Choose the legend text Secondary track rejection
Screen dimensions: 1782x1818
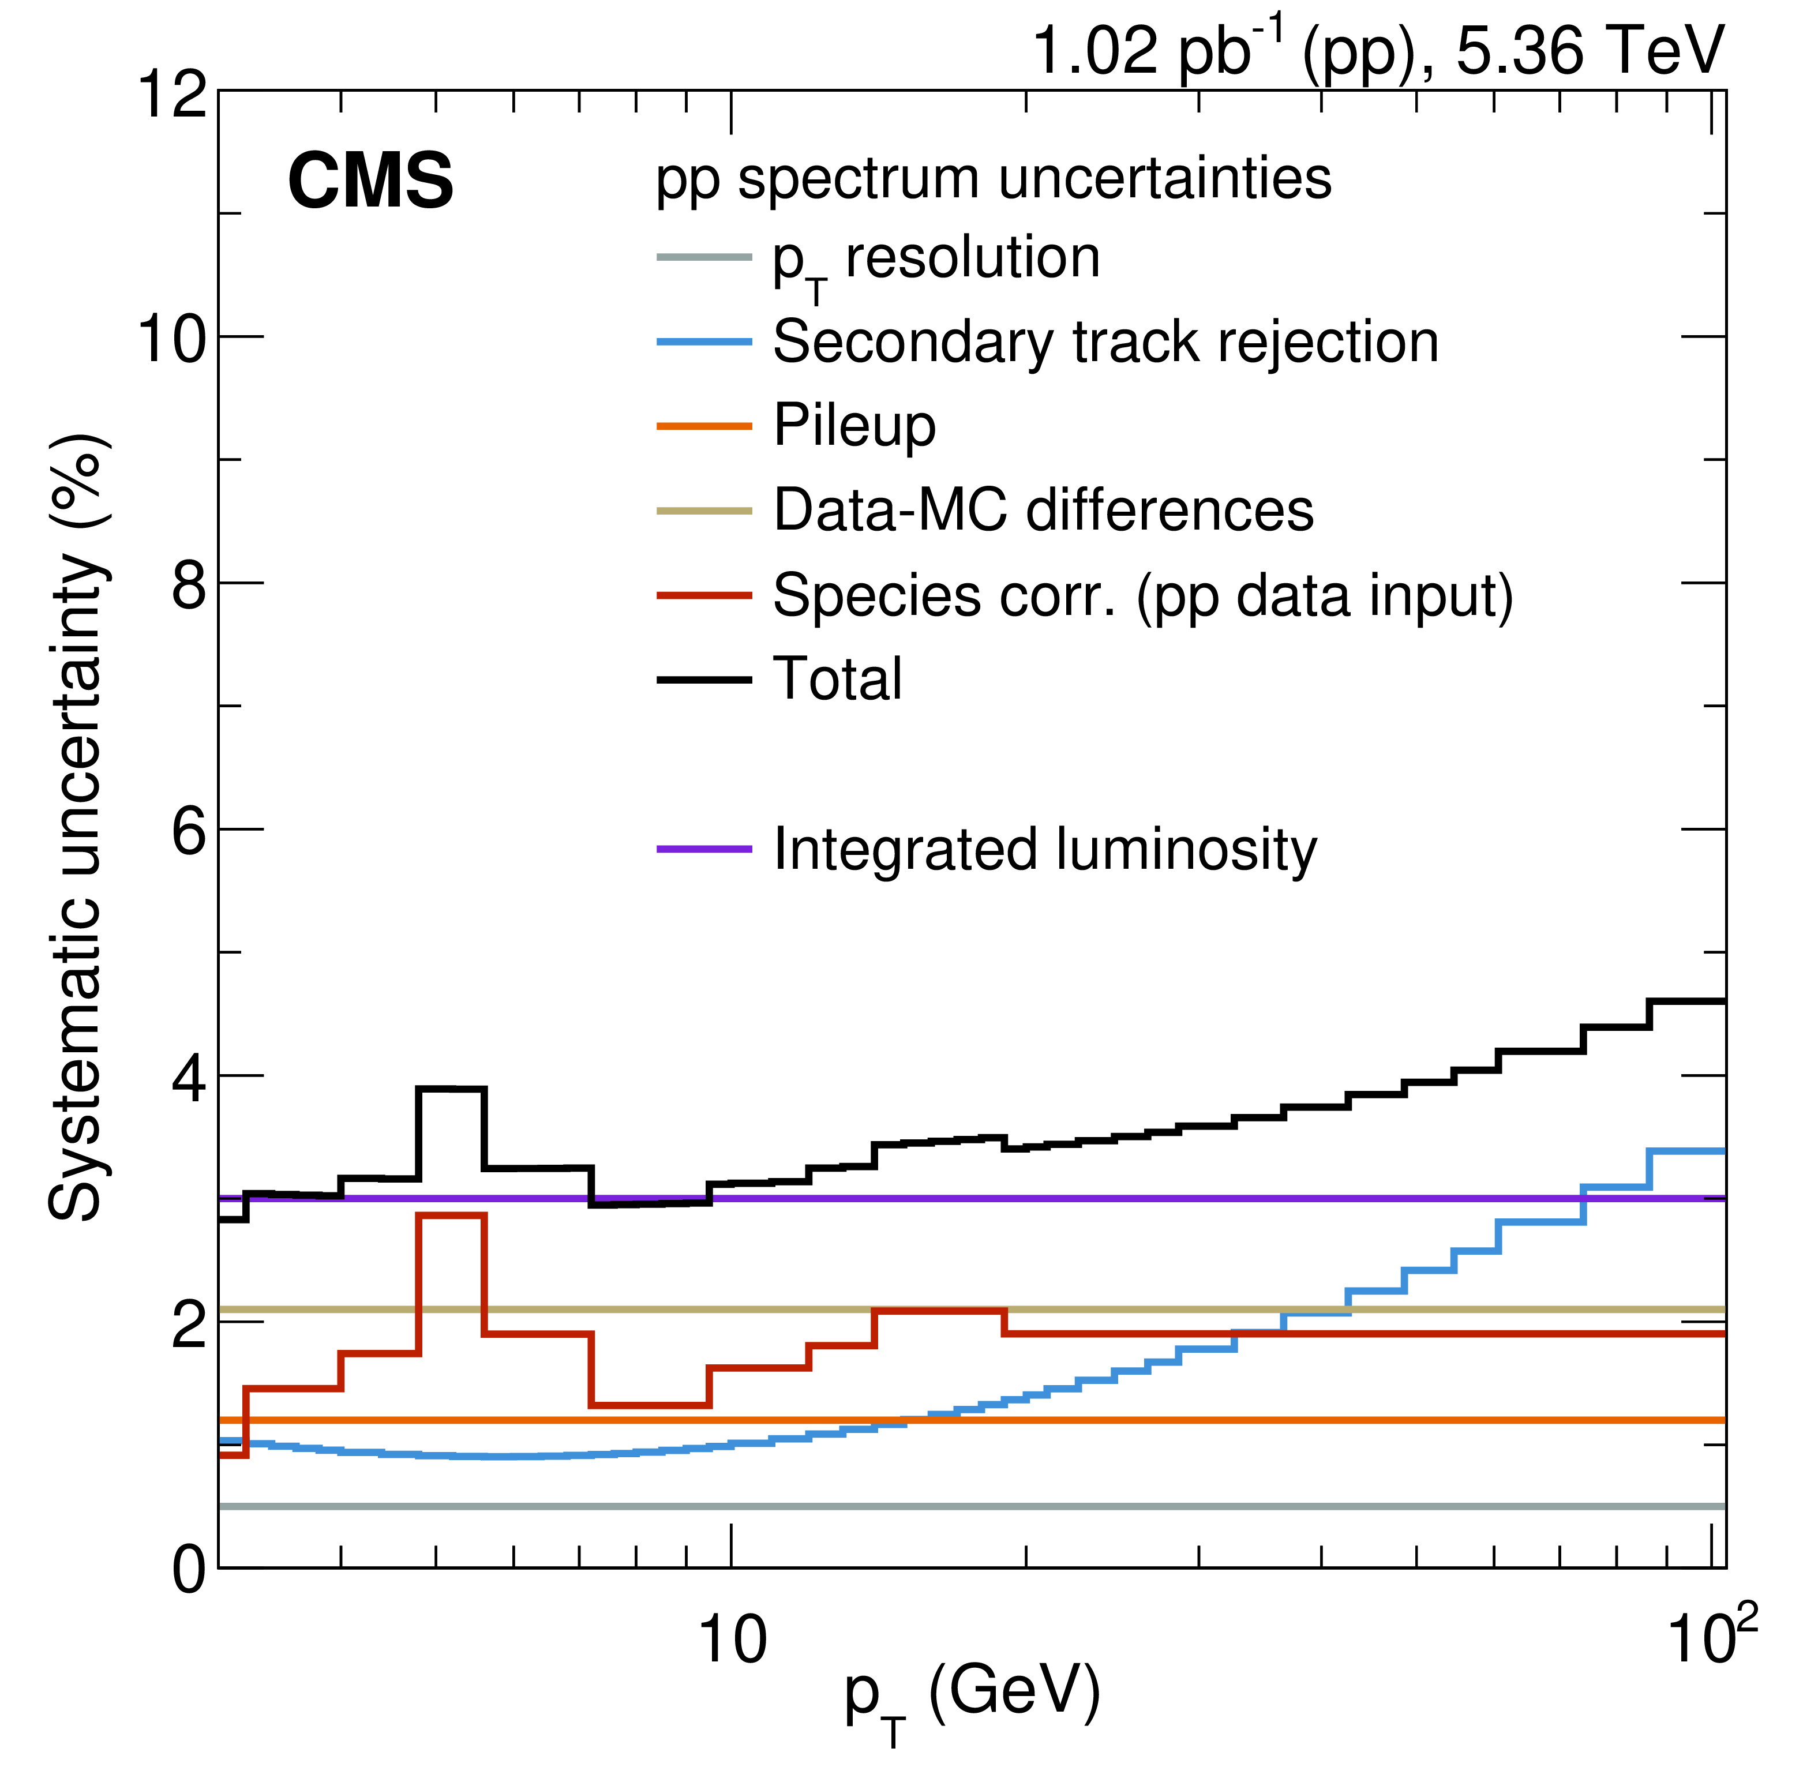[x=1105, y=343]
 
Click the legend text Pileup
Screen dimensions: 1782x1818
[x=854, y=427]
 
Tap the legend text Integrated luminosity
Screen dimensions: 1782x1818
[x=1045, y=850]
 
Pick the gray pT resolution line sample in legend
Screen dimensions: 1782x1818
[x=704, y=257]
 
